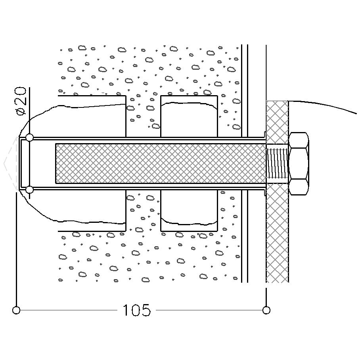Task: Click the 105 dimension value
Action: (x=136, y=310)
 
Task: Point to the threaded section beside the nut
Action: (x=277, y=163)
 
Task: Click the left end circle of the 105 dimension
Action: (x=16, y=310)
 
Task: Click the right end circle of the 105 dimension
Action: (x=266, y=310)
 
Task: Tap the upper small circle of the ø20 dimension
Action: (x=29, y=138)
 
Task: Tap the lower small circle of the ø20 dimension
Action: (x=29, y=190)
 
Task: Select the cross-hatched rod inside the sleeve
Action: (x=159, y=163)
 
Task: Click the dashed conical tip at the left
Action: (x=10, y=163)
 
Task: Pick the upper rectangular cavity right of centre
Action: (x=189, y=117)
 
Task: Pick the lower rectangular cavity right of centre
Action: (x=189, y=210)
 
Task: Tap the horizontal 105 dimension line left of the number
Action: (x=67, y=310)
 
